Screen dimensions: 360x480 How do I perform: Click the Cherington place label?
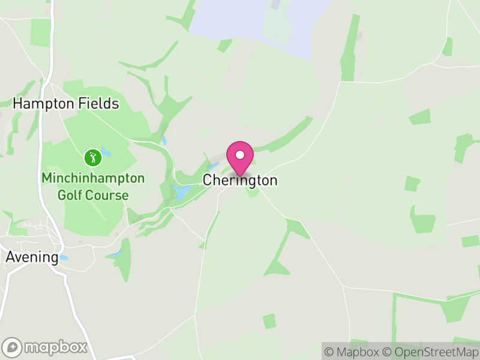tap(240, 180)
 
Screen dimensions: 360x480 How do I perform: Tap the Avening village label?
tap(32, 257)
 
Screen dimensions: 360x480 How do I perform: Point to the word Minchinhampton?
tap(93, 178)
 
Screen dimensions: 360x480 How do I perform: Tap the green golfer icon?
tap(92, 158)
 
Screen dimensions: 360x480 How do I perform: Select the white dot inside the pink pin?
tap(240, 155)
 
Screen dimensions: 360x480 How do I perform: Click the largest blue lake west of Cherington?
tap(181, 193)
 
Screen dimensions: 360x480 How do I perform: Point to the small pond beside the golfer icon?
tap(106, 152)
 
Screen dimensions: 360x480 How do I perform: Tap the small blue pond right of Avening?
tap(64, 257)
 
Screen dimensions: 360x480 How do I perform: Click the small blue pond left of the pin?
tap(213, 166)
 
